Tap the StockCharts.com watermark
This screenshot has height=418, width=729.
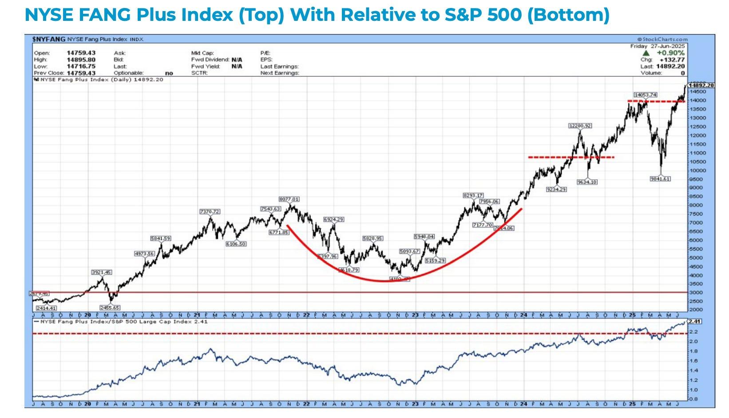tap(662, 39)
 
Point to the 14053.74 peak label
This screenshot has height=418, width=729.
tap(645, 95)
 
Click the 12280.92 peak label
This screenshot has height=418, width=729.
tap(580, 126)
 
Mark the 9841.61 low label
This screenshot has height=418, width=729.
tap(660, 179)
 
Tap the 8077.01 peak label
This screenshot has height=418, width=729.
tap(289, 199)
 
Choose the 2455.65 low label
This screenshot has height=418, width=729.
tap(110, 308)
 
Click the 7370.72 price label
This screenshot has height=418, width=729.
tap(210, 212)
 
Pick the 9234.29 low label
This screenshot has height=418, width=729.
tap(556, 189)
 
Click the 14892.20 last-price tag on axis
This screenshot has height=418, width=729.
tap(701, 85)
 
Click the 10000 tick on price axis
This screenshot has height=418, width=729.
tap(697, 170)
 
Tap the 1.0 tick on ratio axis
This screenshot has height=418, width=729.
tap(693, 390)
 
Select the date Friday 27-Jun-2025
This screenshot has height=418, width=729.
tap(658, 46)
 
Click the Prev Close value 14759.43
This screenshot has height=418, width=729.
tap(81, 73)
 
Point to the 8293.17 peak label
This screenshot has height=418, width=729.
tap(473, 195)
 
